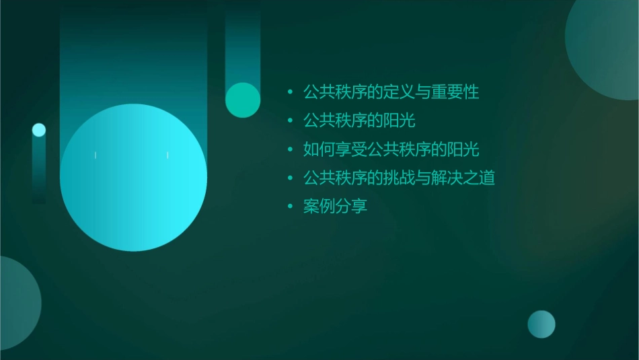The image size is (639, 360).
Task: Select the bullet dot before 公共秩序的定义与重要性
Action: pyautogui.click(x=290, y=92)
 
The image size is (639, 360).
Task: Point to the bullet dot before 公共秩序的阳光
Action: pyautogui.click(x=290, y=121)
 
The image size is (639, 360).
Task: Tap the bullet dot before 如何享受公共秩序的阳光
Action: pyautogui.click(x=290, y=149)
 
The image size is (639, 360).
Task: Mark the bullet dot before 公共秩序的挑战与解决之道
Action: pyautogui.click(x=290, y=178)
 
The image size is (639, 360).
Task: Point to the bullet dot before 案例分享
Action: pyautogui.click(x=290, y=207)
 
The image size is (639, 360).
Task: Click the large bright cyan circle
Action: pyautogui.click(x=133, y=178)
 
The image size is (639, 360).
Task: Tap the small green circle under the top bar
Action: pyautogui.click(x=243, y=100)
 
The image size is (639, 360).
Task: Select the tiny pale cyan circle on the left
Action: pyautogui.click(x=39, y=130)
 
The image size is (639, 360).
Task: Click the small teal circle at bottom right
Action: pyautogui.click(x=541, y=324)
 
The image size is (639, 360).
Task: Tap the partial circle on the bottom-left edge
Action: pyautogui.click(x=17, y=303)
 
